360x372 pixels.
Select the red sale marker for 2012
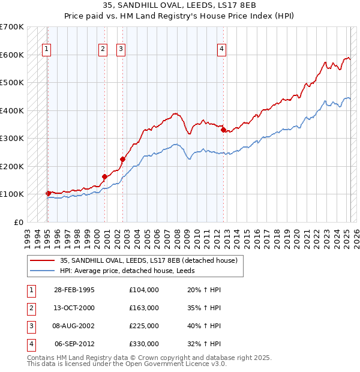coord(223,129)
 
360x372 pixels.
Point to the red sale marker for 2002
coord(122,159)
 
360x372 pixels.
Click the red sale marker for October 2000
coord(104,176)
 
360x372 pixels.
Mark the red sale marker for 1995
coord(48,193)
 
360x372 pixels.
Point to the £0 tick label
coord(18,222)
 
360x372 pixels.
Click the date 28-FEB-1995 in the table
coord(74,290)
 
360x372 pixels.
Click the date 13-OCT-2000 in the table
coord(74,308)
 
